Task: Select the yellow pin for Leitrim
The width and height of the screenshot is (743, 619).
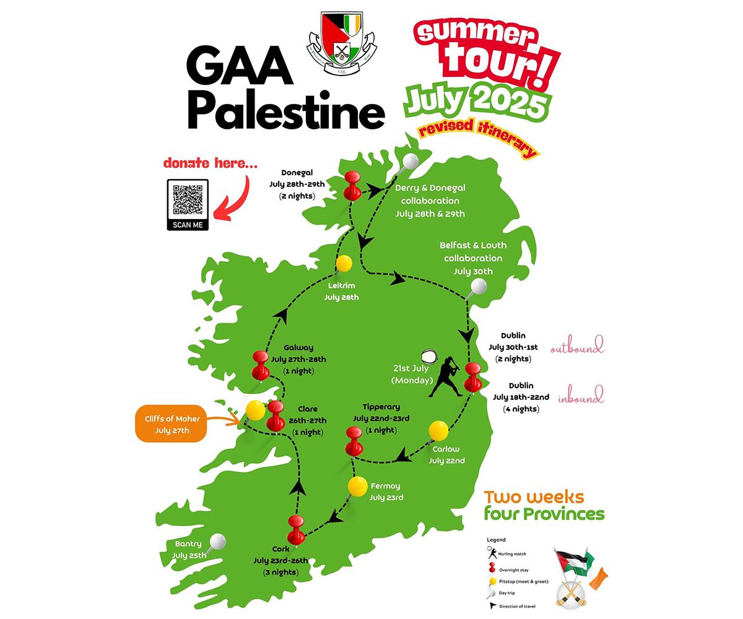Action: tap(344, 264)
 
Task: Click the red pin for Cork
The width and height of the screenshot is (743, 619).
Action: tap(296, 526)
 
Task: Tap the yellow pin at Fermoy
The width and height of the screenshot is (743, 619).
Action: tap(357, 486)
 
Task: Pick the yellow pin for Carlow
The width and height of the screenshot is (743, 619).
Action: tap(438, 431)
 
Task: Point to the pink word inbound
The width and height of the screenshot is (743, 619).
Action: tap(580, 396)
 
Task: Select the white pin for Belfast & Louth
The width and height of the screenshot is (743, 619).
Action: tap(478, 286)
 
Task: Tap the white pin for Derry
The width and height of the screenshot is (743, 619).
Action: tap(409, 162)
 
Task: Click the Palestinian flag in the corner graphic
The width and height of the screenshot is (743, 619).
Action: tap(571, 561)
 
